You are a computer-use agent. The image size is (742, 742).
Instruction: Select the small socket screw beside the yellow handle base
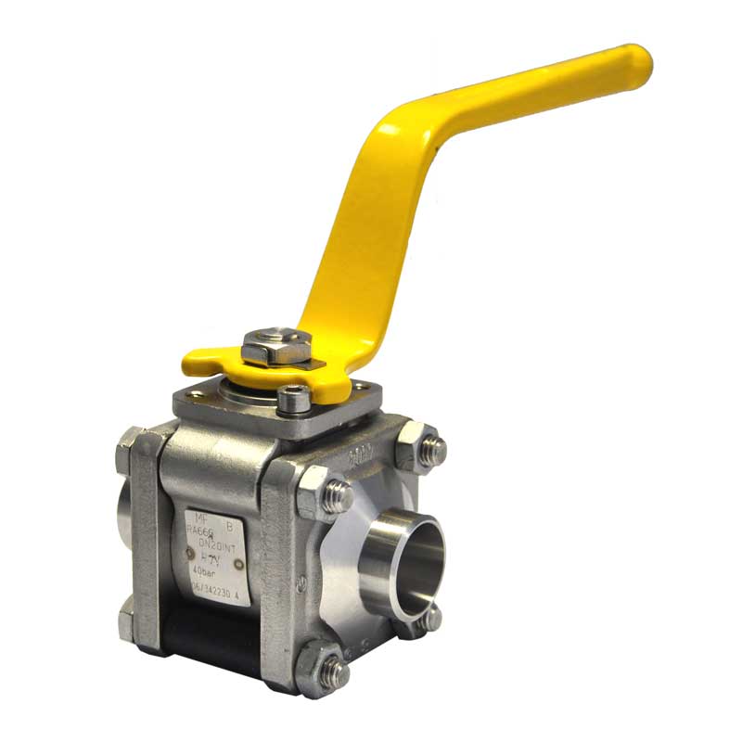tap(294, 400)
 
